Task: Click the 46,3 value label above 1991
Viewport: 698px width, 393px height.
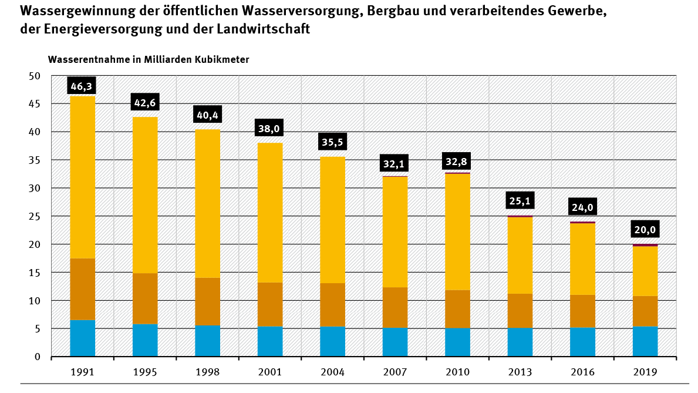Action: pos(82,86)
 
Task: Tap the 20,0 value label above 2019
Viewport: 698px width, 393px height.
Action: pos(645,229)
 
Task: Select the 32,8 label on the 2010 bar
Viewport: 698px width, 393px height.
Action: pos(457,162)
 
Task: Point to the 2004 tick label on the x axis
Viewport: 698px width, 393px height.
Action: pos(332,372)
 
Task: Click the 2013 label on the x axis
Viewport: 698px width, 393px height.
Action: pos(520,372)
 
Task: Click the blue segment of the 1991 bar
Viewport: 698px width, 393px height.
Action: pos(82,338)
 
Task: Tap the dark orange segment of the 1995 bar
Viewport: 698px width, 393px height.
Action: pos(145,298)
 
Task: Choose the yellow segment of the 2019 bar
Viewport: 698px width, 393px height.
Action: pos(645,271)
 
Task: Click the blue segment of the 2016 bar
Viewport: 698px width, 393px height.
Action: pos(582,342)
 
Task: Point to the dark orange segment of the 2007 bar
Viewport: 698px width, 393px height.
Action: pos(394,307)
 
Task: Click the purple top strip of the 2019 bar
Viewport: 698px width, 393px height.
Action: pos(645,245)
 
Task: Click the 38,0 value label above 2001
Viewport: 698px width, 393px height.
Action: pos(269,128)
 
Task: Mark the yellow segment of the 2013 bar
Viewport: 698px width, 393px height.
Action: pos(520,255)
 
